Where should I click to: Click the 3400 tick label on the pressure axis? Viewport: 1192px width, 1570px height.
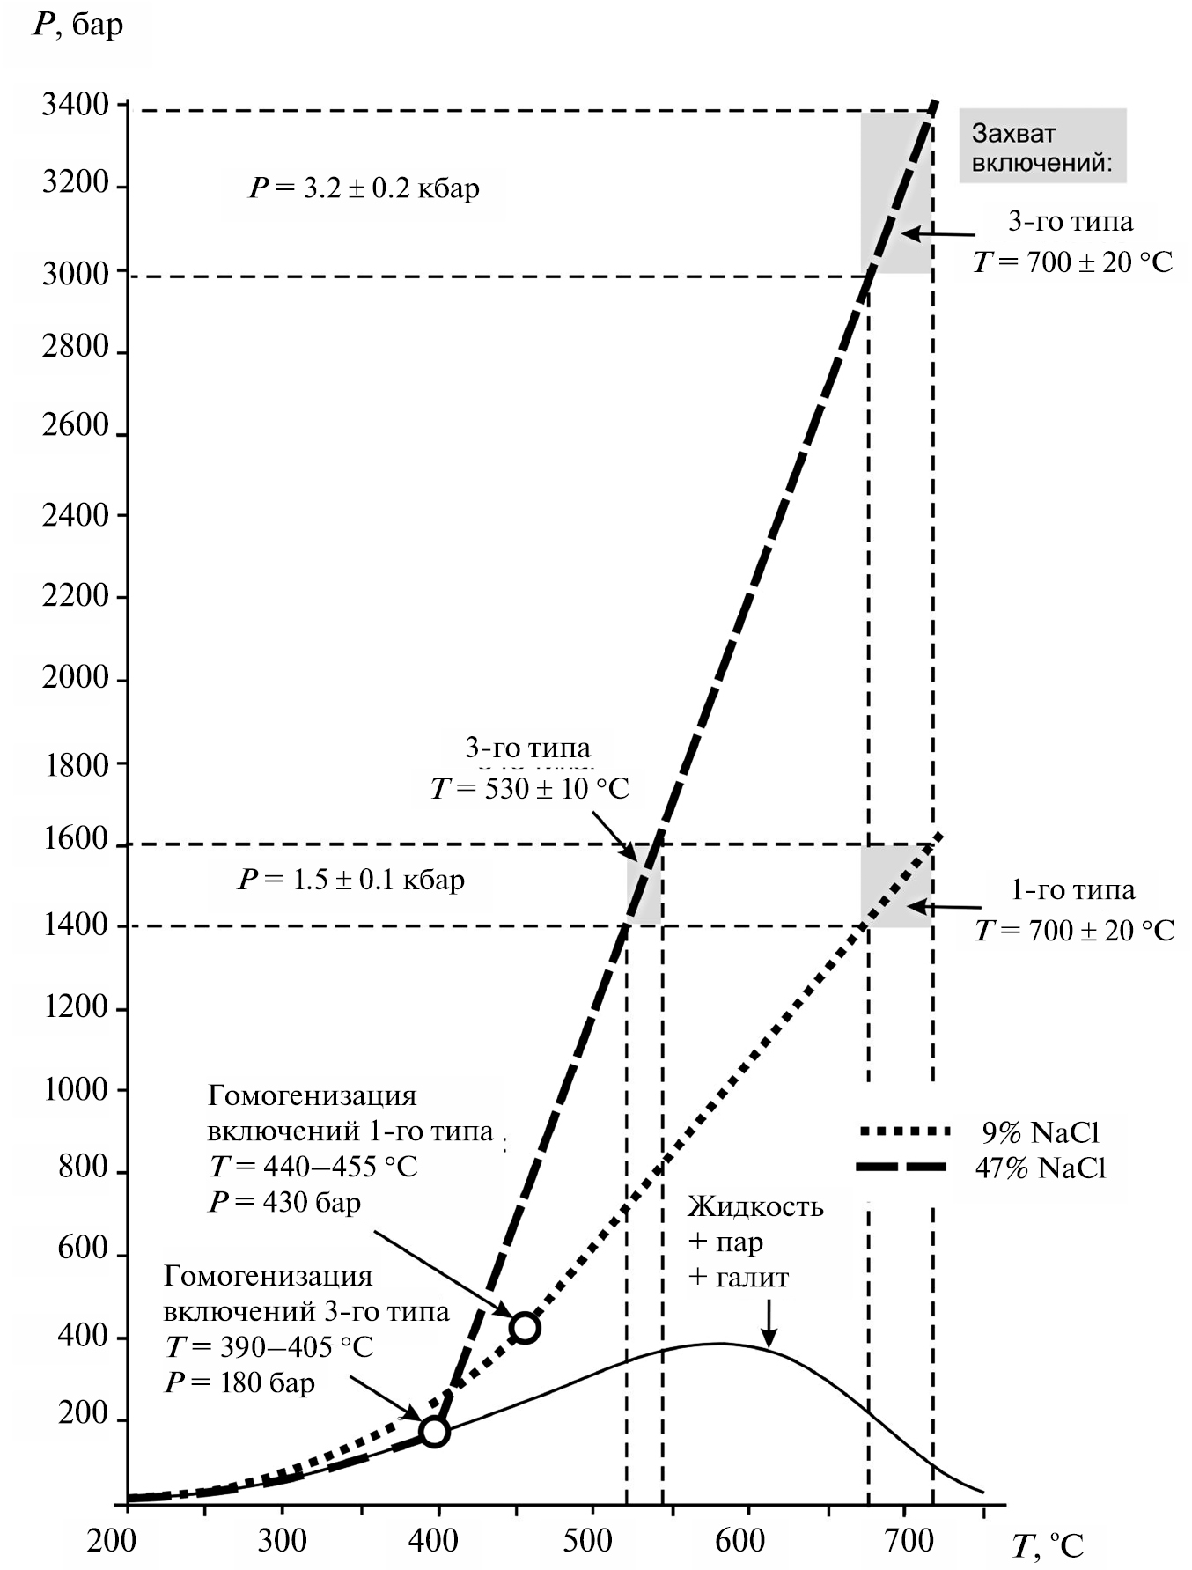click(75, 106)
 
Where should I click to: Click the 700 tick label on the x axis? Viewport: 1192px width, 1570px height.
click(905, 1541)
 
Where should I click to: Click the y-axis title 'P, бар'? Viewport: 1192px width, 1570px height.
click(78, 25)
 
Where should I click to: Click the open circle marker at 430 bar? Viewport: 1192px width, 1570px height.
click(525, 1327)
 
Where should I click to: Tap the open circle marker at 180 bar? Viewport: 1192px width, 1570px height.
click(434, 1431)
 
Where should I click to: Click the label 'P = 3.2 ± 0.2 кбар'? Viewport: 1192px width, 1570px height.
click(364, 188)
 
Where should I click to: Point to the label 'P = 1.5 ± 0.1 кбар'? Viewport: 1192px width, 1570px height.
click(350, 880)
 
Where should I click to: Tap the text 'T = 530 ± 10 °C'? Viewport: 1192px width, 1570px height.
click(529, 788)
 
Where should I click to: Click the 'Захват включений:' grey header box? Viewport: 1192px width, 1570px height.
click(1041, 146)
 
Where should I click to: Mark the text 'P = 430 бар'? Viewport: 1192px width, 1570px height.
click(284, 1202)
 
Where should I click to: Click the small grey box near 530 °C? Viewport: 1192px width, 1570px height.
click(644, 885)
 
